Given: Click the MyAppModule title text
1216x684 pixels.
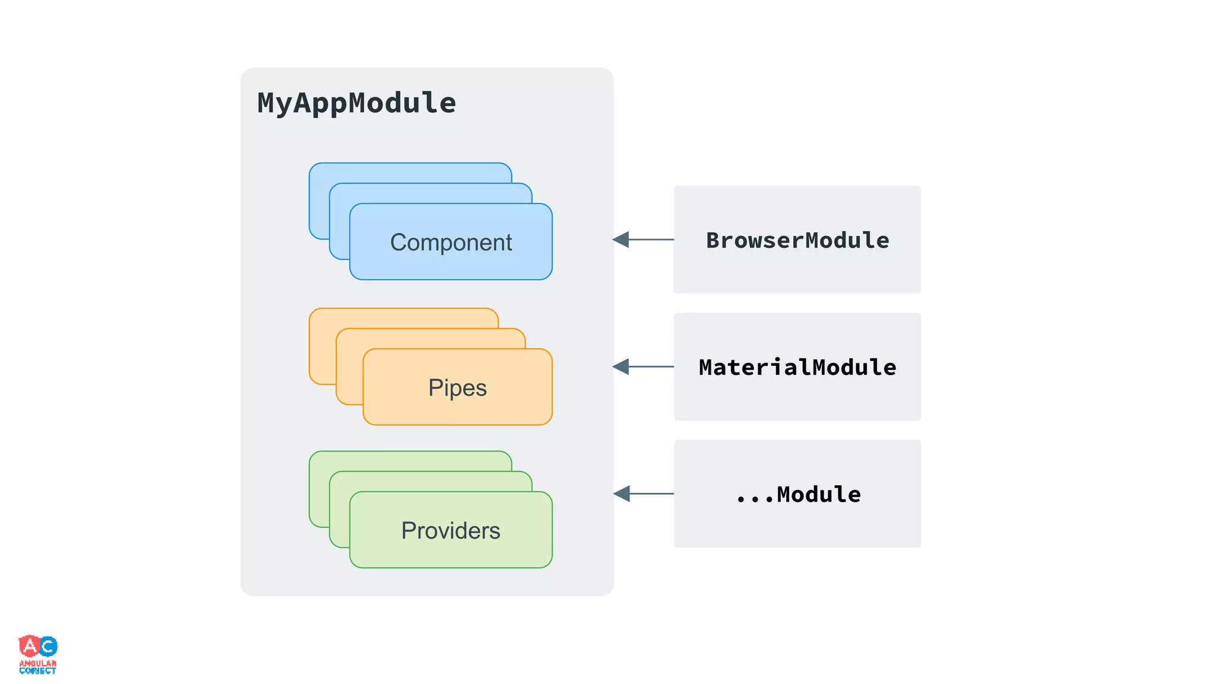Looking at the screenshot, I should coord(356,103).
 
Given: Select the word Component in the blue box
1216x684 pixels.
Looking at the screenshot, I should coord(451,242).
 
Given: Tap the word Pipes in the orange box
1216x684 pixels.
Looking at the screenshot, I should coord(457,388).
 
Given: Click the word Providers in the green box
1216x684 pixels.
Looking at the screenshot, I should coord(451,530).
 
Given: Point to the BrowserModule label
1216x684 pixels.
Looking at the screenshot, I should coord(797,240).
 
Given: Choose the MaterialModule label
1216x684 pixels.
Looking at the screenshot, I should coord(797,367).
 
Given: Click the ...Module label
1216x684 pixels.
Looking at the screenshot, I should coord(797,494).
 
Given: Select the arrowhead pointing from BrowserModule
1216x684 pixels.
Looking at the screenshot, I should coord(621,240).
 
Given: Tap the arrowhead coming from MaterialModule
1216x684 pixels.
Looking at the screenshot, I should coord(621,367).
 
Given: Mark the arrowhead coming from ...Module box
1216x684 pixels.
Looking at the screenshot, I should coord(622,493).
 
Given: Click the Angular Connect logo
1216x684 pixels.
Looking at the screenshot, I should coord(38,654).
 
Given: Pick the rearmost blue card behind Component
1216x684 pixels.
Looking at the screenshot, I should coord(410,172).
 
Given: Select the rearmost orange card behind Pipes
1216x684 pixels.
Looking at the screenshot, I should coord(404,318).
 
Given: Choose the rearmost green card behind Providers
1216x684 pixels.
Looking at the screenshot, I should coord(410,461).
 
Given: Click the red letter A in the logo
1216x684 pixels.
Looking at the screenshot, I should coord(29,645).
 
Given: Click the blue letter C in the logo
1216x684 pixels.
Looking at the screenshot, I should coord(49,646).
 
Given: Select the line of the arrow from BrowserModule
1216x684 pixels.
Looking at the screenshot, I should coord(652,240).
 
